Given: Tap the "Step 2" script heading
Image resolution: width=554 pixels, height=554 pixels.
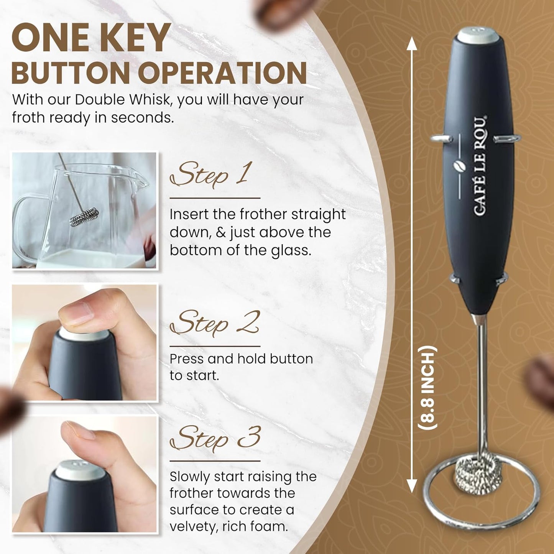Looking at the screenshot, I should (214, 323).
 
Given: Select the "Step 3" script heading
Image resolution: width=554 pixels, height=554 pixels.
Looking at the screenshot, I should (215, 438).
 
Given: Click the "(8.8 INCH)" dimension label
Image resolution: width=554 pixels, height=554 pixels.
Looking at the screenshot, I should (427, 388).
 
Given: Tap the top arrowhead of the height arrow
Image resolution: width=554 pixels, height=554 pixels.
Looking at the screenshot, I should (412, 43).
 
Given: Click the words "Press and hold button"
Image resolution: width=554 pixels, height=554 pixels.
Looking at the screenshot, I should (241, 359).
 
